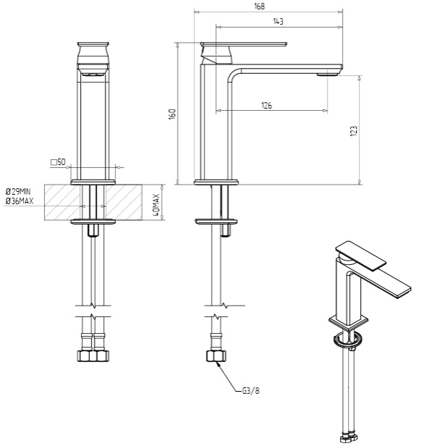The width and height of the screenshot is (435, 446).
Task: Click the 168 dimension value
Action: click(260, 6)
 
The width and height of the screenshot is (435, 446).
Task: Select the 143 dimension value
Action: click(278, 21)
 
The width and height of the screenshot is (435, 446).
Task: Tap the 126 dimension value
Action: click(266, 105)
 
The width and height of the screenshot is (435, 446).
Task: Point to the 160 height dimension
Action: click(173, 114)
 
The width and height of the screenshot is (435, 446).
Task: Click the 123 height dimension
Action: click(353, 131)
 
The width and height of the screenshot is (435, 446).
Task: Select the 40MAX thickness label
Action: click(156, 205)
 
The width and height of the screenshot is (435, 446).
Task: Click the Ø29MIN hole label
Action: click(18, 191)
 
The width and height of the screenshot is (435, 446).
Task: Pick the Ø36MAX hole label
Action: click(20, 201)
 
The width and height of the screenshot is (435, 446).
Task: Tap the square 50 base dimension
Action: click(58, 162)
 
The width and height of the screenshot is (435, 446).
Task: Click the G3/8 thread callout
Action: click(251, 391)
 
